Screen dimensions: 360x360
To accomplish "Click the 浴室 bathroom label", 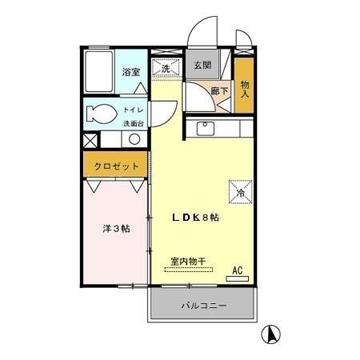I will click(x=130, y=72).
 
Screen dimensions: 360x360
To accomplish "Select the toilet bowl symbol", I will click(x=99, y=113).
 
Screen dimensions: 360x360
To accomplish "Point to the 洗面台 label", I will click(x=132, y=123).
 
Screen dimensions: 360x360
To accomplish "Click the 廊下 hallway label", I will click(x=220, y=91).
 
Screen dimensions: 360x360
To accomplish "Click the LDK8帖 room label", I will click(x=196, y=217).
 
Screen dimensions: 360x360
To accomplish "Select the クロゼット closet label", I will click(x=117, y=166).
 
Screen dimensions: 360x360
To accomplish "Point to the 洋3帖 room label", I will click(x=116, y=228).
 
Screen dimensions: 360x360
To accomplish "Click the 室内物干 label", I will click(x=188, y=261).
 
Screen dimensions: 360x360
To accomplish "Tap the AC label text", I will click(x=237, y=270).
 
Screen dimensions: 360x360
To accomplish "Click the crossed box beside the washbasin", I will click(x=90, y=139).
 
